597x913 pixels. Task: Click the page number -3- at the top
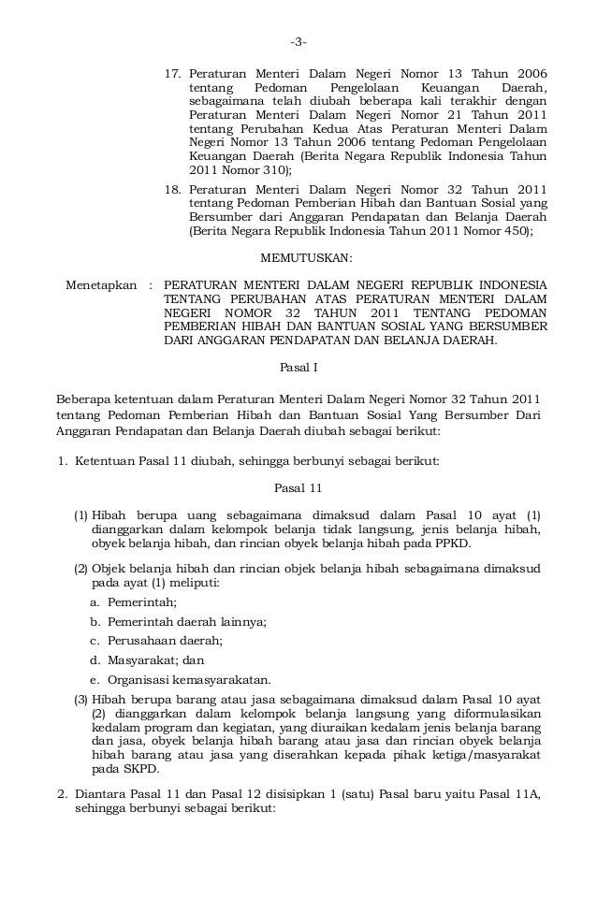[x=298, y=41]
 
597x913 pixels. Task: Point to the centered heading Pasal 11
[x=298, y=487]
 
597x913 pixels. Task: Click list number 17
[x=172, y=74]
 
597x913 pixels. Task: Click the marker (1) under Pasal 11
[x=81, y=515]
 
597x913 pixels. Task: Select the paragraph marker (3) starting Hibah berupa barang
[x=81, y=699]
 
